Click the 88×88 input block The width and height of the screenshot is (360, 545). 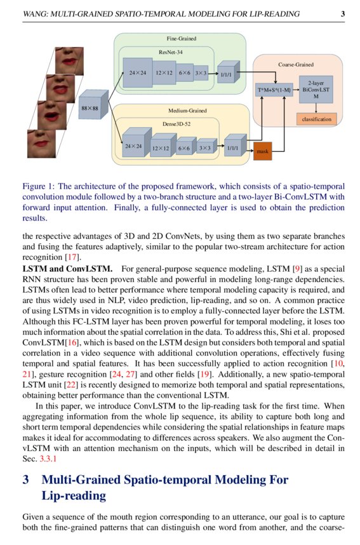pyautogui.click(x=90, y=109)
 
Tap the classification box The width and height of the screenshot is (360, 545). pyautogui.click(x=316, y=119)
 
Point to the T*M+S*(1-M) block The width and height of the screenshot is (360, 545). pyautogui.click(x=274, y=90)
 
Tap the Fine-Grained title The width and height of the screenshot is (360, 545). pyautogui.click(x=182, y=39)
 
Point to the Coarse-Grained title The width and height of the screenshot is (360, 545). pyautogui.click(x=296, y=65)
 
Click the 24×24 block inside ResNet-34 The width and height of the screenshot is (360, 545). pyautogui.click(x=138, y=73)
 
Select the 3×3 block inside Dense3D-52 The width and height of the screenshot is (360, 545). pyautogui.click(x=204, y=148)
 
